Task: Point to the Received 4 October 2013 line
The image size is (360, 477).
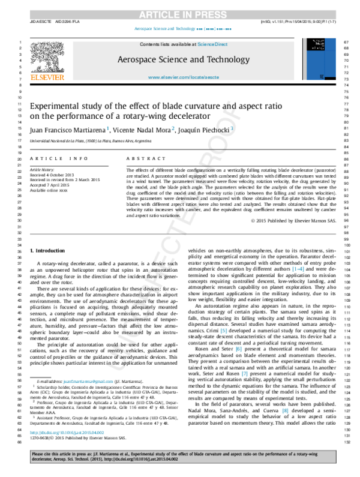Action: [x=53, y=176]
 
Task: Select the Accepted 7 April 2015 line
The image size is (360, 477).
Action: [x=50, y=186]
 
